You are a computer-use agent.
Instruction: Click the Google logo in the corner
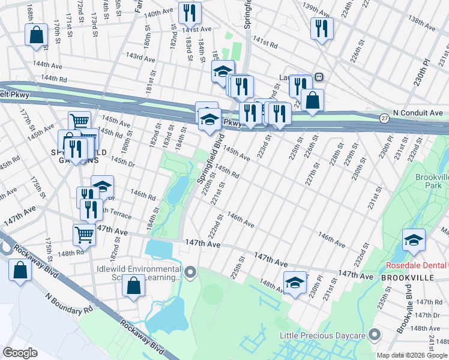click(20, 353)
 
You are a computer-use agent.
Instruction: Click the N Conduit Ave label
click(417, 113)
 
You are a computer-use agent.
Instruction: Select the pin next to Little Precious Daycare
click(375, 334)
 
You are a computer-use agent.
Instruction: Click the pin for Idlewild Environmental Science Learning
click(191, 274)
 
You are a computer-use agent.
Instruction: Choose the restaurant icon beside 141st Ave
click(190, 13)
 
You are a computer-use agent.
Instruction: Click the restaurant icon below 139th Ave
click(322, 28)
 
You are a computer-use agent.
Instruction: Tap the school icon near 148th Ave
click(295, 283)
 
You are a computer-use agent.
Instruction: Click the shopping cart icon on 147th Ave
click(84, 235)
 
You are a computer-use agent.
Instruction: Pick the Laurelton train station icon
click(320, 77)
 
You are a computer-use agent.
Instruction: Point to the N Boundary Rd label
click(68, 303)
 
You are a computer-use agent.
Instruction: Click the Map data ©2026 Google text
click(411, 355)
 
